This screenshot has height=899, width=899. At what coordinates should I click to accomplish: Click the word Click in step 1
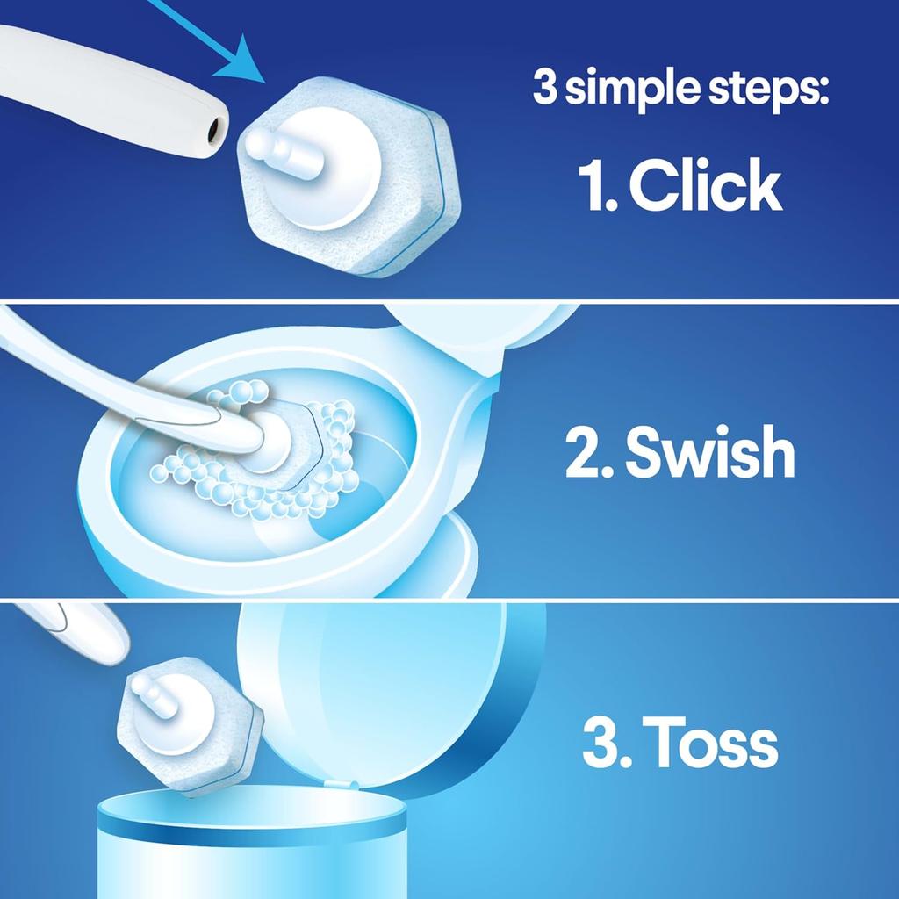tap(706, 187)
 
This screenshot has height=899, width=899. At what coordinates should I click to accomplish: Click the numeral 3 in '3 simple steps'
tap(544, 90)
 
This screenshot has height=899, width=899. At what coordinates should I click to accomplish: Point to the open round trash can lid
tap(386, 685)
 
